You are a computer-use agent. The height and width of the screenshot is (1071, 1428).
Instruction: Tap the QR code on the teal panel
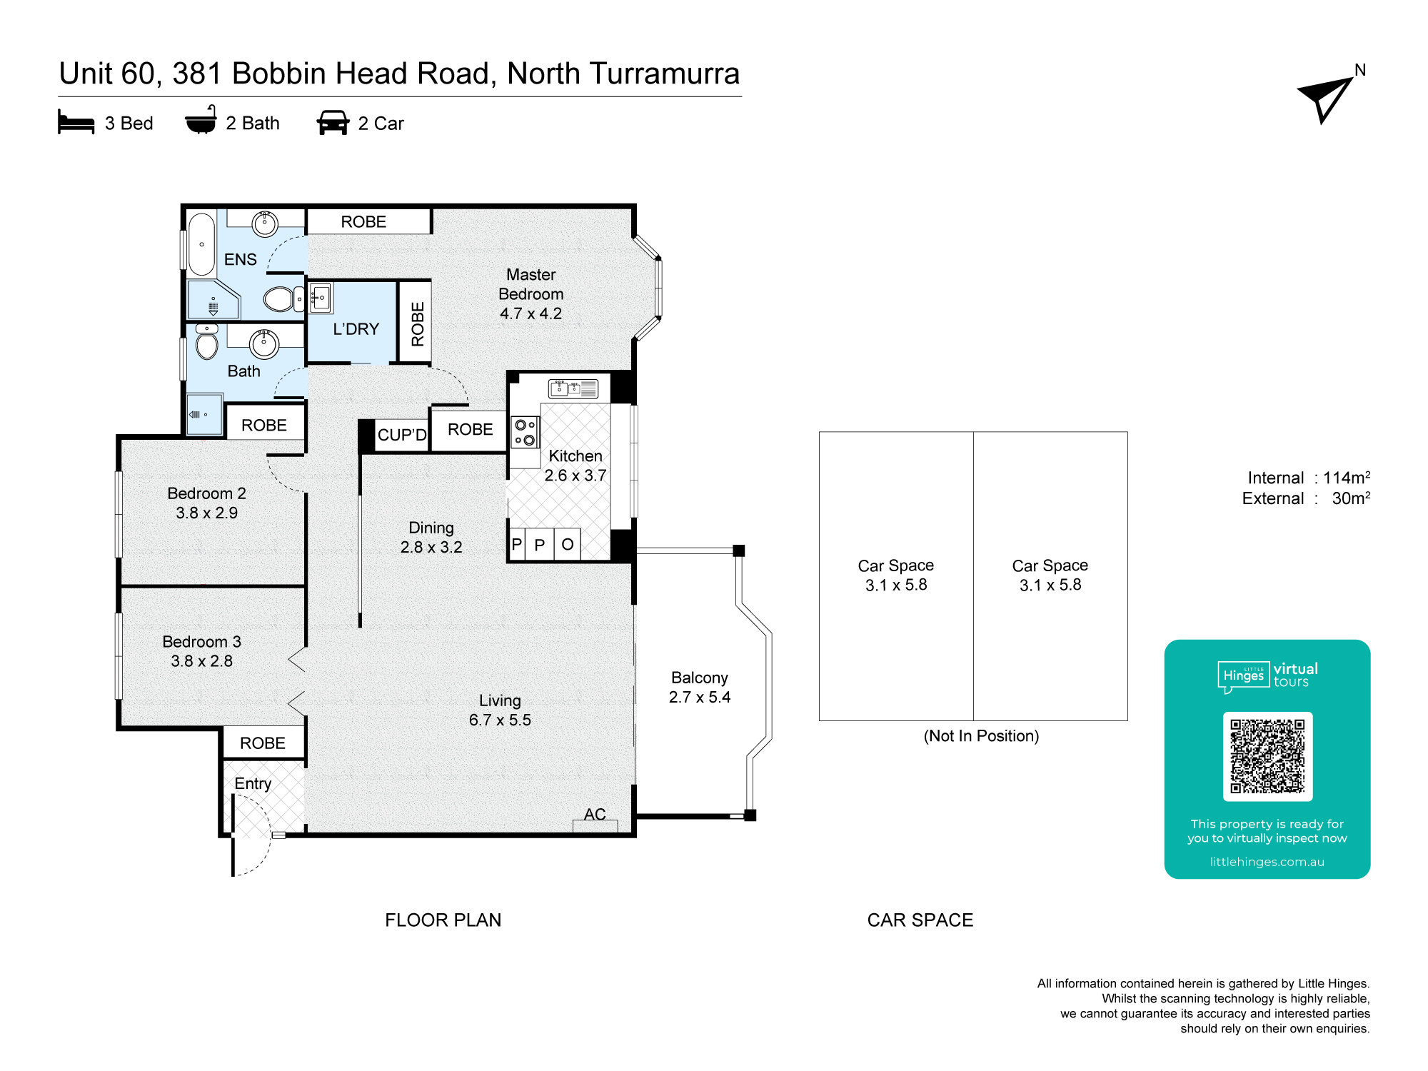(1267, 756)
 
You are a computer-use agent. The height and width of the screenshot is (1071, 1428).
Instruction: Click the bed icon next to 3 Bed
(76, 122)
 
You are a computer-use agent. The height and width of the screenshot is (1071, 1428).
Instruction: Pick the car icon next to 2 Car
(333, 122)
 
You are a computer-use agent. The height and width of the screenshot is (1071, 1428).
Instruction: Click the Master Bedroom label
(531, 284)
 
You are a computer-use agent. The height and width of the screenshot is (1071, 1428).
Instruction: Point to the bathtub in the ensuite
(202, 243)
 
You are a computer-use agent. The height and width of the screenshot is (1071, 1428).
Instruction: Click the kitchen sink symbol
(573, 388)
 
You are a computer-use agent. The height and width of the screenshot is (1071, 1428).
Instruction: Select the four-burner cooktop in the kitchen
(525, 432)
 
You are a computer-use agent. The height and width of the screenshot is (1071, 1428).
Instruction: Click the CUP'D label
(402, 435)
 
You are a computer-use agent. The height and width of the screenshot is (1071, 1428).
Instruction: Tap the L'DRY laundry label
(356, 329)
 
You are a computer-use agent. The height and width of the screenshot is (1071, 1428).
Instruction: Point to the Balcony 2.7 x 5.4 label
(700, 687)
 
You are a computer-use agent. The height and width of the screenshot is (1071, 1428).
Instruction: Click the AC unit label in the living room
(595, 814)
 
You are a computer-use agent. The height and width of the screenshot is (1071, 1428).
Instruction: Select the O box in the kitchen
(568, 545)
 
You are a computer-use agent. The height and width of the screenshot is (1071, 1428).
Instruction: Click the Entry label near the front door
(253, 784)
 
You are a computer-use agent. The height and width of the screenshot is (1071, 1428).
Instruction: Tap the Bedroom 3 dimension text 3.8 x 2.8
(202, 661)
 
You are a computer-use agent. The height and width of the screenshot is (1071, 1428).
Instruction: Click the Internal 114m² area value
(1347, 477)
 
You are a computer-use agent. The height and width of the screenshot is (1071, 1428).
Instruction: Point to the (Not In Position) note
(981, 736)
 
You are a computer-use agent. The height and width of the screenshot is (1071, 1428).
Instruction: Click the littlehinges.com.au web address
(1267, 862)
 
